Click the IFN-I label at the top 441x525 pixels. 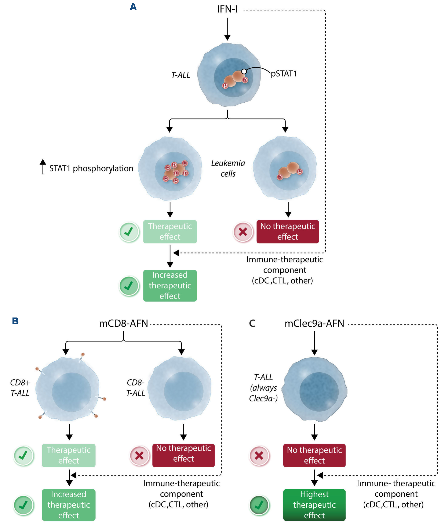(x=227, y=10)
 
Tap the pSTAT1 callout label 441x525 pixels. (x=284, y=74)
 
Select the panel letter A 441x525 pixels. (x=133, y=7)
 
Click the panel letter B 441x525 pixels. (x=15, y=321)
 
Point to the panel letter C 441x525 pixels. (x=252, y=323)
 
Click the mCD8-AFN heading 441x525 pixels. (x=124, y=323)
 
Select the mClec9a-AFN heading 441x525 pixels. (x=314, y=323)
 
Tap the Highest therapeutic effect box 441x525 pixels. (x=314, y=505)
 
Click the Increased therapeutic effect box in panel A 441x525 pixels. (x=170, y=285)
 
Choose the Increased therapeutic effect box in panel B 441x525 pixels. (x=69, y=505)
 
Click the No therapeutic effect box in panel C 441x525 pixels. (x=314, y=455)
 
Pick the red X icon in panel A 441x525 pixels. (x=243, y=232)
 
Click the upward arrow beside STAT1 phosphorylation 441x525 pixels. (x=43, y=167)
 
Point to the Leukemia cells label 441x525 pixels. (x=228, y=168)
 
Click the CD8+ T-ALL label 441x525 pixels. (x=20, y=388)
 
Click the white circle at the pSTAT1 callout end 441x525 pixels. (x=244, y=72)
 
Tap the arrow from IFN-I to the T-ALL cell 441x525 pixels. (x=227, y=29)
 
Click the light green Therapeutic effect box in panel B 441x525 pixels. (x=69, y=455)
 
